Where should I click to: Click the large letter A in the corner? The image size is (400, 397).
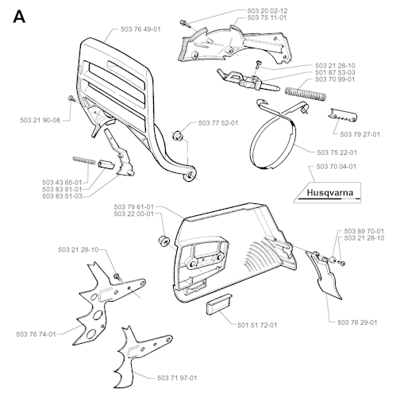tap(19, 17)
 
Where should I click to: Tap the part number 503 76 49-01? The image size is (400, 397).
tap(140, 29)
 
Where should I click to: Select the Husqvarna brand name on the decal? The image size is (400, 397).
tap(330, 193)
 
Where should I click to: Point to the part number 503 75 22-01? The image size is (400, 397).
tap(337, 152)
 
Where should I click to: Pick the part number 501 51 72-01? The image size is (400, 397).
tap(257, 325)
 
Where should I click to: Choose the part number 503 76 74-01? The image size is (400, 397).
tap(36, 334)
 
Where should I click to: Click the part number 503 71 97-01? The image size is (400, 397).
tap(177, 378)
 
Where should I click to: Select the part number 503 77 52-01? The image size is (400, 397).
tap(218, 123)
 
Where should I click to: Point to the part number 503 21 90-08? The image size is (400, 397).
tap(40, 121)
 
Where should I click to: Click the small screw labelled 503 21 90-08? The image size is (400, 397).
tap(71, 98)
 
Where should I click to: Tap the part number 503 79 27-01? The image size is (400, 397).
tap(360, 134)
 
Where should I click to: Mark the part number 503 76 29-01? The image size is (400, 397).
tap(357, 322)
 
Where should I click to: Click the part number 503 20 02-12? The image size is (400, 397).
tap(267, 11)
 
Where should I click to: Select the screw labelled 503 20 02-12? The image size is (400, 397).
tap(187, 24)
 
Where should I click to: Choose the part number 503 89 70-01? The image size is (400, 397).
tap(364, 231)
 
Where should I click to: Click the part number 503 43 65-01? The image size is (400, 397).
tap(62, 183)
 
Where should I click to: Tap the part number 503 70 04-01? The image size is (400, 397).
tap(337, 167)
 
